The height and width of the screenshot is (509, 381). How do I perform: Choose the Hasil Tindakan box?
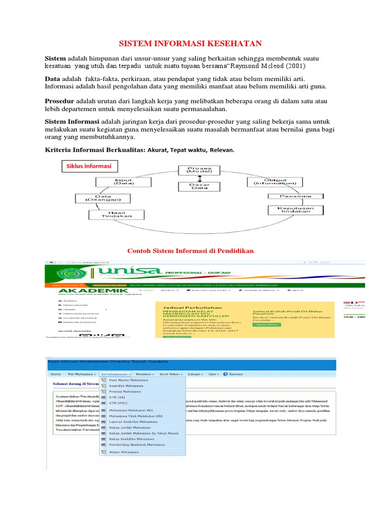point(117,214)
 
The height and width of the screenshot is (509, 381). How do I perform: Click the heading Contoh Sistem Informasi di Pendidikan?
point(191,251)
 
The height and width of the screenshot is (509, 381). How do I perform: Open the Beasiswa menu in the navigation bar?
point(145,360)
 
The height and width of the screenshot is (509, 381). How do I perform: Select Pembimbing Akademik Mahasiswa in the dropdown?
point(137,445)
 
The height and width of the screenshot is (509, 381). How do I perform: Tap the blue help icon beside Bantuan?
point(225,360)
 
